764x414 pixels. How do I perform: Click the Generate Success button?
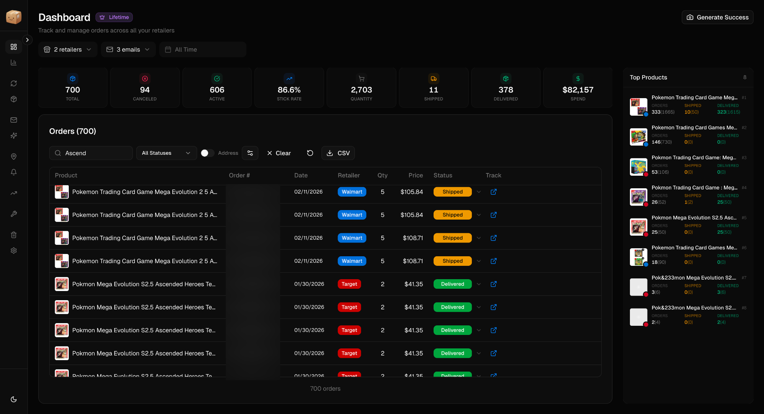717,17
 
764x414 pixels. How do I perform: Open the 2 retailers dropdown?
68,50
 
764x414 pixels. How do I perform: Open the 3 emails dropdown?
128,50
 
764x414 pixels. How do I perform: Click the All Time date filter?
202,50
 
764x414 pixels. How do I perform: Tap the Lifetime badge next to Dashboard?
114,17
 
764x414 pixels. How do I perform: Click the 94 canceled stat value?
145,90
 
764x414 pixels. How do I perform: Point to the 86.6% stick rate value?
289,90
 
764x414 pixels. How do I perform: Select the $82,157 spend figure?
578,90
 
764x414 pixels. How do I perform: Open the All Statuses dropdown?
166,153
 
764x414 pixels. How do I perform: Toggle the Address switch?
207,153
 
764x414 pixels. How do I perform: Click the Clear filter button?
279,153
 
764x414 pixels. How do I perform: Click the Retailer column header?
348,175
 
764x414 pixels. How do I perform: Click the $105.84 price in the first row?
411,192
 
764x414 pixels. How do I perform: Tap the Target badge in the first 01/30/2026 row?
349,284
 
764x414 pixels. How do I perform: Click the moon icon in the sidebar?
14,399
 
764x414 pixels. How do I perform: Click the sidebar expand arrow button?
27,40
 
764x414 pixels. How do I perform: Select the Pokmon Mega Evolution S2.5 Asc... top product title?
694,218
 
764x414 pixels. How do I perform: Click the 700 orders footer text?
325,389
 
